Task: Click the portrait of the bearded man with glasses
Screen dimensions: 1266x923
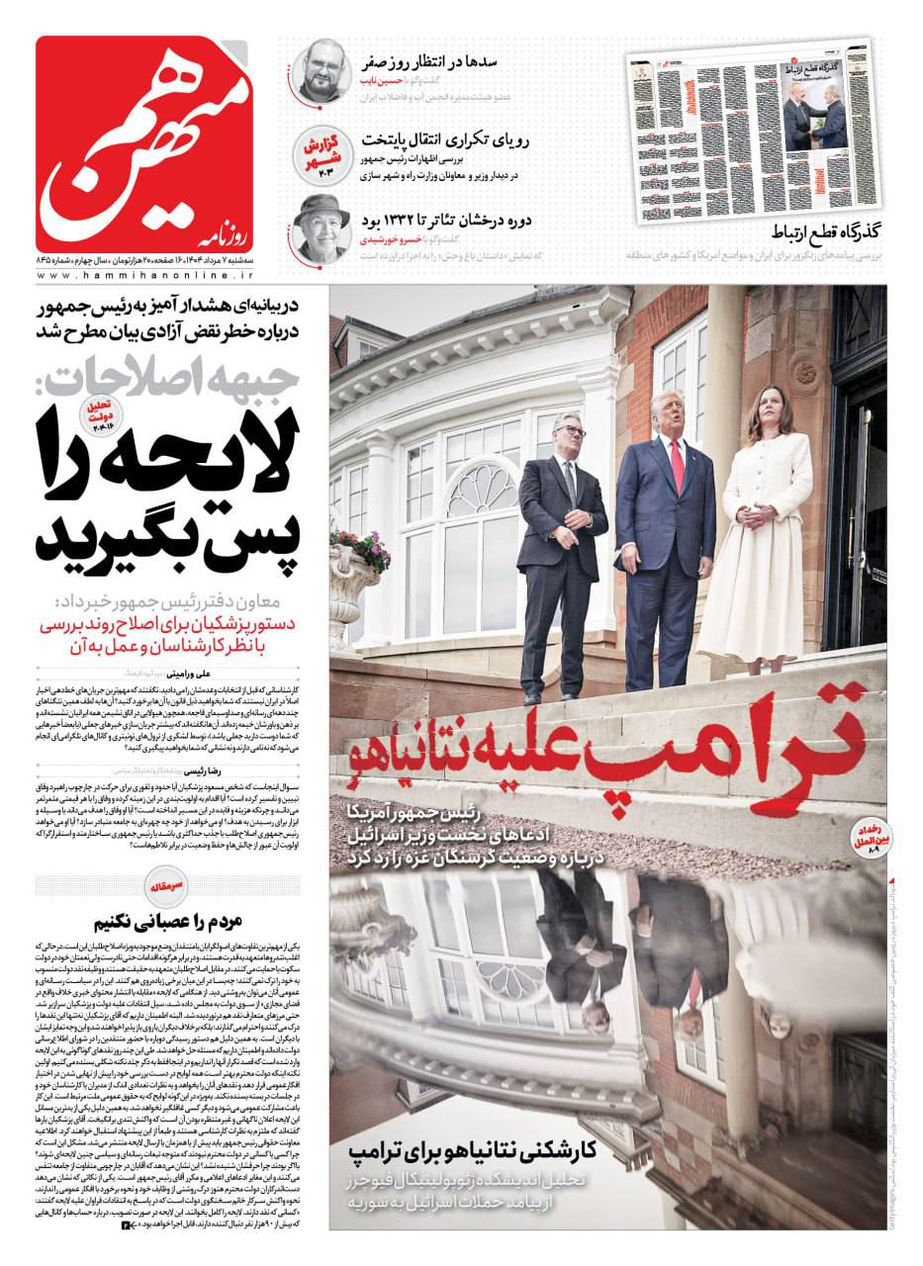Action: [323, 68]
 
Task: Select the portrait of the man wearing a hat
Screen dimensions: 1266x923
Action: [323, 226]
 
